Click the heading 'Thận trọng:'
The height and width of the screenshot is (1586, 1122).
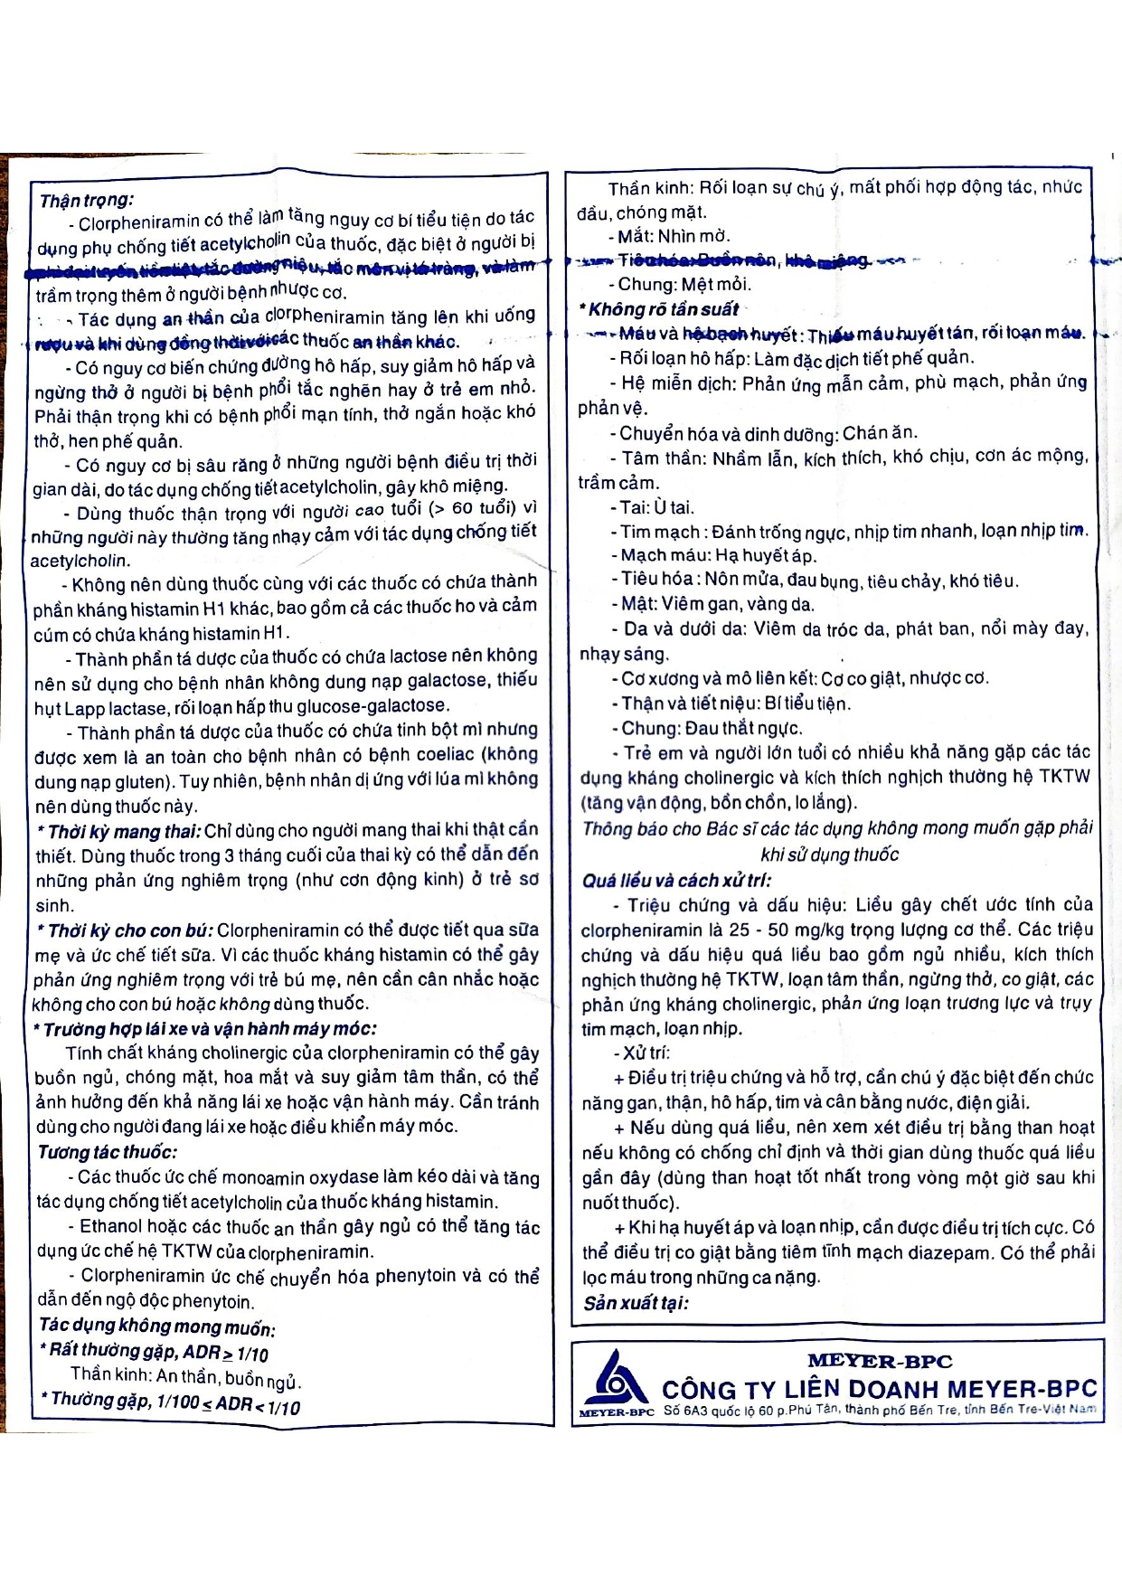tap(86, 200)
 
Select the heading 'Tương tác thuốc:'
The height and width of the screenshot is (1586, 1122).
tap(107, 1152)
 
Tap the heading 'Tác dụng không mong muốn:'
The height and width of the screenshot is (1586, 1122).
tap(156, 1326)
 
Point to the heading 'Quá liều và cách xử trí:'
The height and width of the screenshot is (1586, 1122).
tap(676, 880)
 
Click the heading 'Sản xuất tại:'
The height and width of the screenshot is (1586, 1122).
tap(636, 1303)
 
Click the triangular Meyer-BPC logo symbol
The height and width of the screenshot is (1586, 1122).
tap(614, 1380)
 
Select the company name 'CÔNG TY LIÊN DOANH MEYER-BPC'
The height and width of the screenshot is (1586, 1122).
tap(879, 1389)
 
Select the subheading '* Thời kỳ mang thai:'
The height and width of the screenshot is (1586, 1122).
tap(118, 831)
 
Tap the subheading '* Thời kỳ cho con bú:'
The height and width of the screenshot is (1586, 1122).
tap(124, 930)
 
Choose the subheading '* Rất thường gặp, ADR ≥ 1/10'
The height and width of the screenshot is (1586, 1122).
tap(154, 1352)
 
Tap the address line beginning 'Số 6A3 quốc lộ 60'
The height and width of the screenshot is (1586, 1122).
tap(878, 1410)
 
